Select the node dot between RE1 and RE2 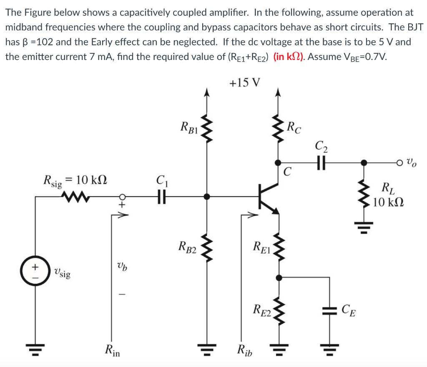pos(278,277)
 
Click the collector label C pos(287,172)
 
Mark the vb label pos(121,267)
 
